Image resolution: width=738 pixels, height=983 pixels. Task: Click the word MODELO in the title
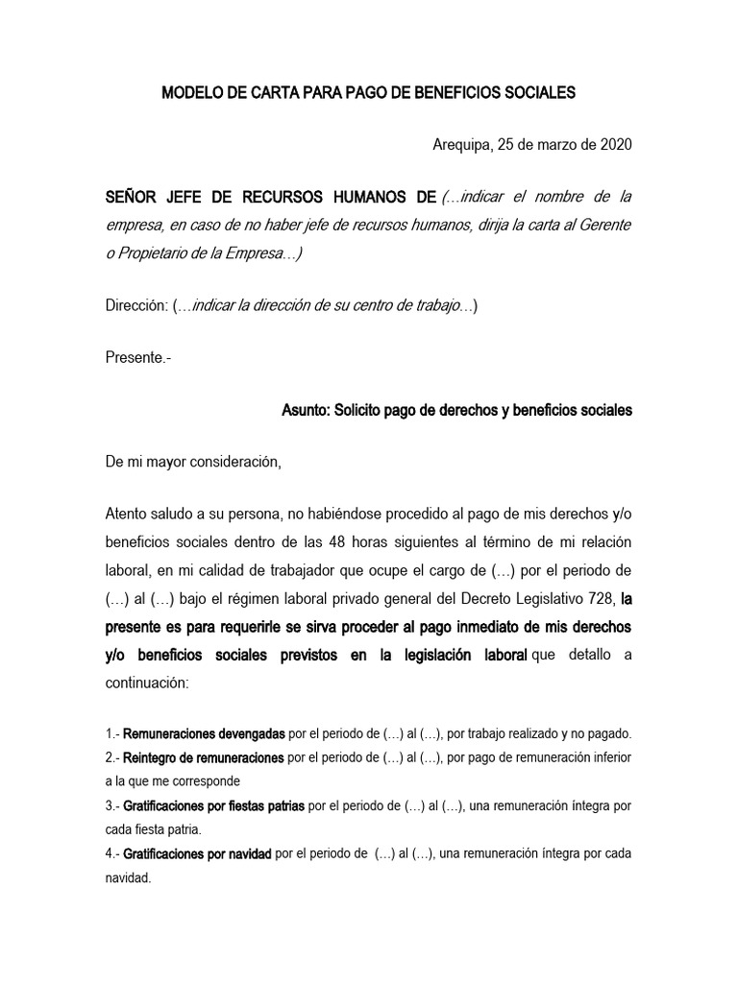click(189, 94)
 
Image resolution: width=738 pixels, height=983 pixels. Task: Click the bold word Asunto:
click(305, 410)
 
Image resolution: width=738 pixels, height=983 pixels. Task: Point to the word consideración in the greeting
click(233, 462)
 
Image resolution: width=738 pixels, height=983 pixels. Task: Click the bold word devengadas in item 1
click(243, 734)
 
